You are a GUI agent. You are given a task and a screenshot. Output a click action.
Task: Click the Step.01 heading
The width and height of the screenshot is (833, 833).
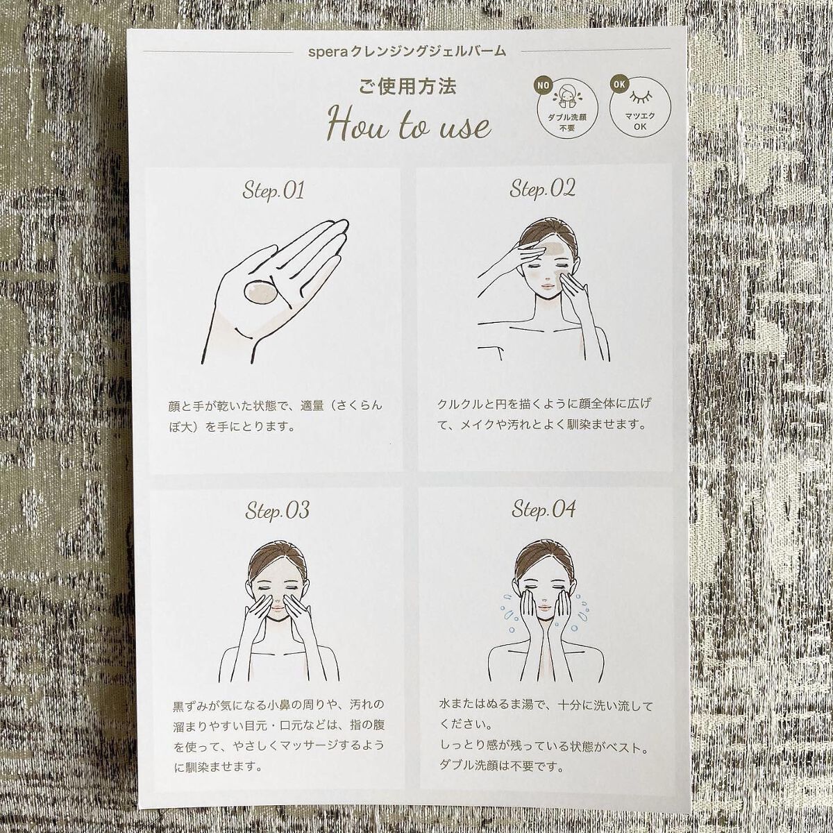(x=273, y=191)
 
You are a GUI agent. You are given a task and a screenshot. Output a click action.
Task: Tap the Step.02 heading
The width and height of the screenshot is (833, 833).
(x=542, y=189)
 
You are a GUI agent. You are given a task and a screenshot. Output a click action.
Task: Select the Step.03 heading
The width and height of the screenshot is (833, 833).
(x=277, y=510)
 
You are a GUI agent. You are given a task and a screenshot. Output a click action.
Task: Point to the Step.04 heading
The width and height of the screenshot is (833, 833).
(x=544, y=509)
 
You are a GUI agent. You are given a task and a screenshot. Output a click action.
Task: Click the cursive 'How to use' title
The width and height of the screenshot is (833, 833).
(x=409, y=125)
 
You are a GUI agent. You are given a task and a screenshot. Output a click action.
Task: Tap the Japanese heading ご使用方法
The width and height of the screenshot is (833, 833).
(x=407, y=87)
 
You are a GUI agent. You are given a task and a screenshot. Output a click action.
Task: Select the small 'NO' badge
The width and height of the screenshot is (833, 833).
(x=541, y=85)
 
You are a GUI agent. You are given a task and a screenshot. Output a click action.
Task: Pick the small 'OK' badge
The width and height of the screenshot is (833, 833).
(x=619, y=85)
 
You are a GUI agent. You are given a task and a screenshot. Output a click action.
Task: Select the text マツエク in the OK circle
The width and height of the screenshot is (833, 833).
(x=640, y=117)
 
